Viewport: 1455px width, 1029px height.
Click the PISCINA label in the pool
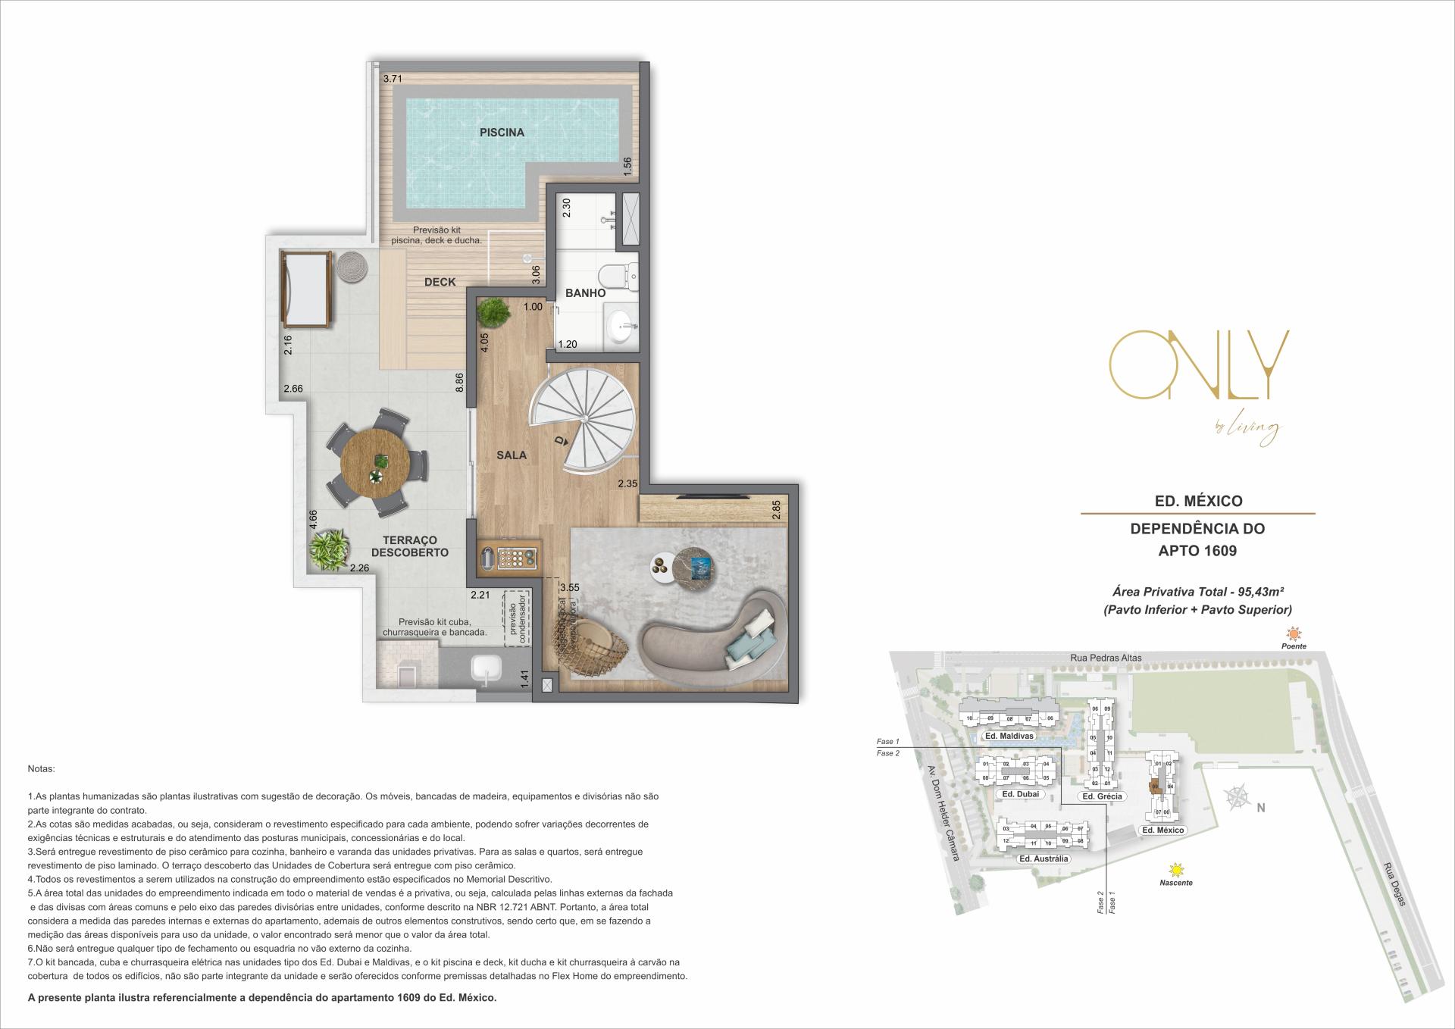pos(502,133)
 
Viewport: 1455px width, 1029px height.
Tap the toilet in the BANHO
pos(620,275)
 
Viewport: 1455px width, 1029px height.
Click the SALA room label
pos(512,455)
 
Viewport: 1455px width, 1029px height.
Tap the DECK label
pos(440,282)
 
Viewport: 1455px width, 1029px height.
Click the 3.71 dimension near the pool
pos(392,79)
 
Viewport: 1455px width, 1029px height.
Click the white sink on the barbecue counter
pos(487,668)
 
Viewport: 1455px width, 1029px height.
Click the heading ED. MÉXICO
pos(1197,501)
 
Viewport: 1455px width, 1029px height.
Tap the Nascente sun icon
pos(1176,869)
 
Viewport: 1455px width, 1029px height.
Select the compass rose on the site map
pos(1237,797)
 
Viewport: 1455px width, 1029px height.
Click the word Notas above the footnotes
pos(41,768)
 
